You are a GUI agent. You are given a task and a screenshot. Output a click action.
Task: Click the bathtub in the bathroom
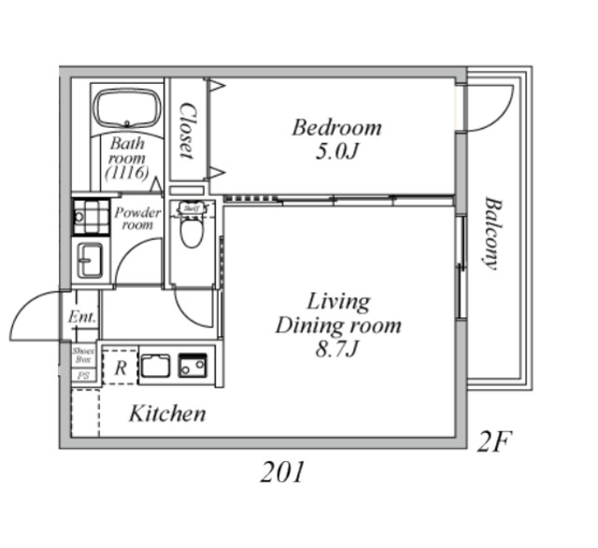point(127,108)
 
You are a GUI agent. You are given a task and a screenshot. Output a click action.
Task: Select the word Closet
point(187,130)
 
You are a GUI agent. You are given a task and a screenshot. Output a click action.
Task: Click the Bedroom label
point(336,128)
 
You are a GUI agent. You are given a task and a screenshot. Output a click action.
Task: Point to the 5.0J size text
point(336,151)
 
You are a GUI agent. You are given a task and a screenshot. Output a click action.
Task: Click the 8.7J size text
point(337,349)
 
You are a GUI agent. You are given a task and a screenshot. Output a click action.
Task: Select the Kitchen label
point(167,413)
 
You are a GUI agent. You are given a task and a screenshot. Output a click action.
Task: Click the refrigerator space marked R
point(120,366)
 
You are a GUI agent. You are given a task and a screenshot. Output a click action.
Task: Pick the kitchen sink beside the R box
point(155,366)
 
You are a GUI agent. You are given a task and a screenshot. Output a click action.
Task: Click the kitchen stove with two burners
point(193,366)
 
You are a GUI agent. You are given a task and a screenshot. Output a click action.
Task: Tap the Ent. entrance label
point(82,317)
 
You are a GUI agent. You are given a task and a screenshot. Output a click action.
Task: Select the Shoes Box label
point(83,355)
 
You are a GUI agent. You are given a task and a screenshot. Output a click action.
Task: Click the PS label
point(83,375)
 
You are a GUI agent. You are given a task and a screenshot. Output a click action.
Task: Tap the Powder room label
point(136,218)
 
